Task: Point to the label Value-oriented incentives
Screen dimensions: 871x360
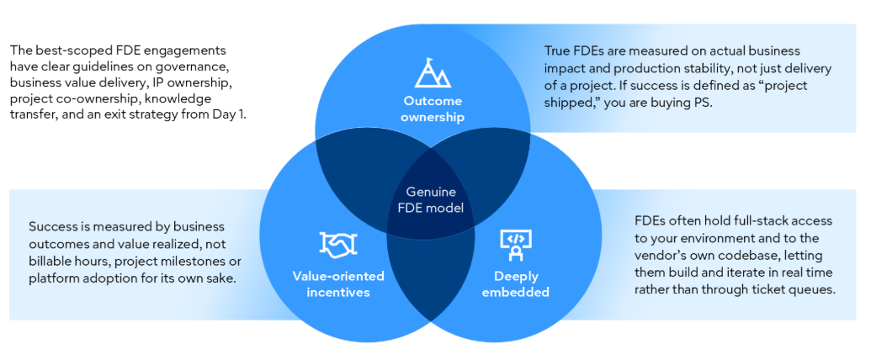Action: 338,284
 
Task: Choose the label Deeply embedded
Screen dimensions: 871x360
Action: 516,284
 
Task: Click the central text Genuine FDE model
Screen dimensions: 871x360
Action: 431,200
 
